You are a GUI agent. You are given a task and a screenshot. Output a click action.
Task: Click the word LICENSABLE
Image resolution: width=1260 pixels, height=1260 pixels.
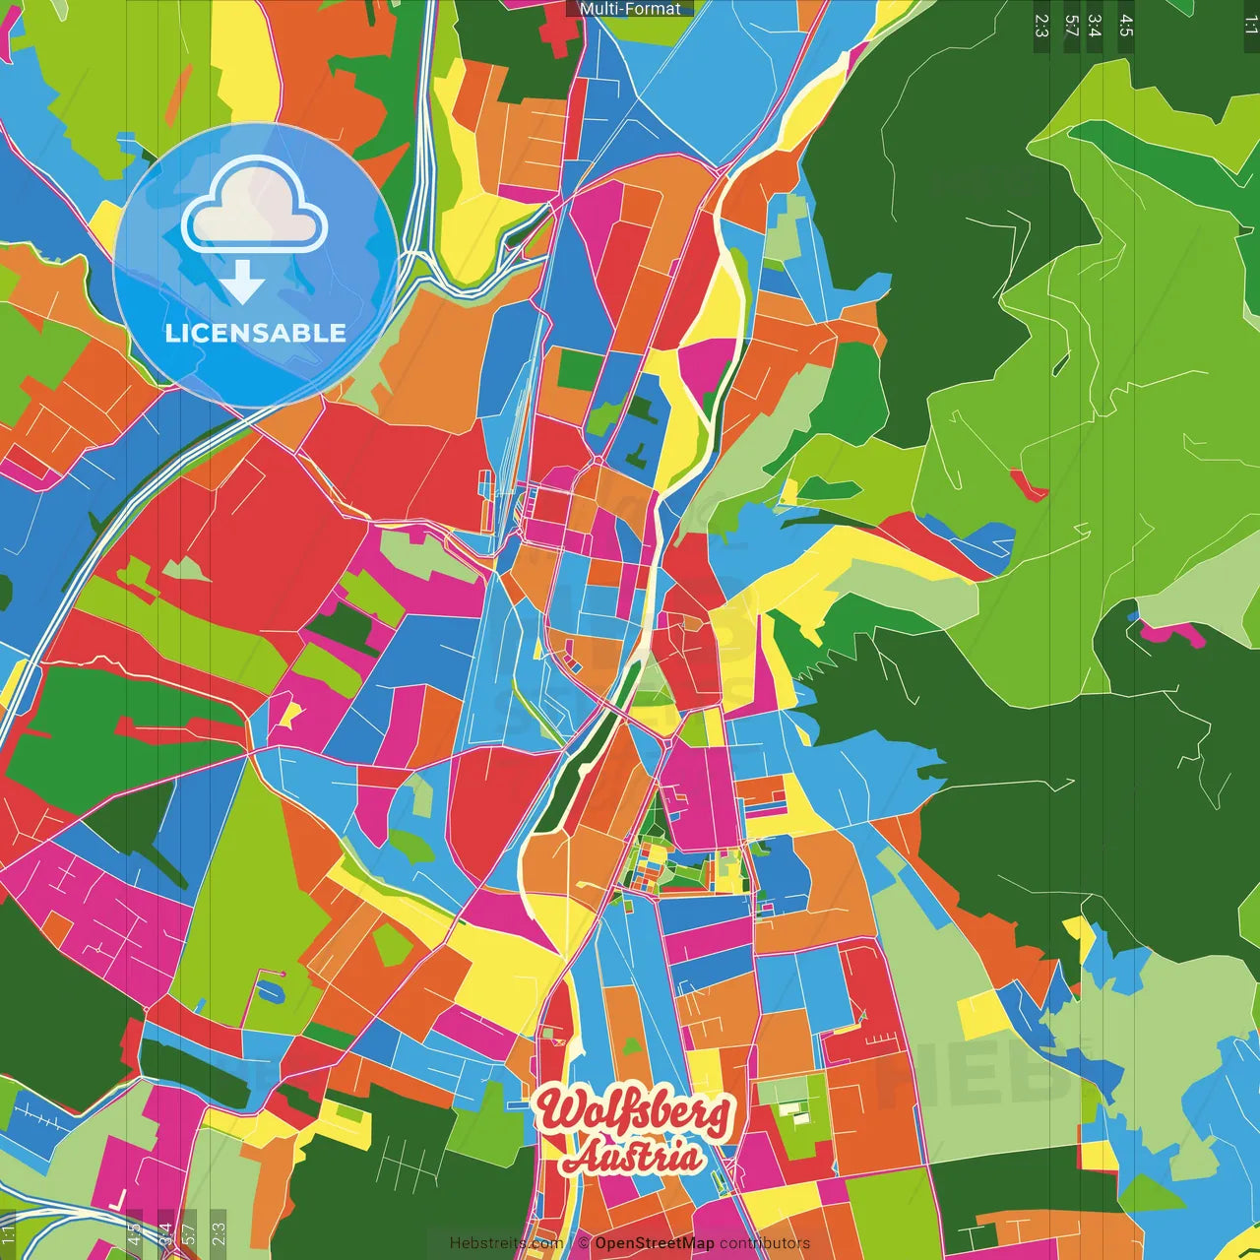tap(255, 333)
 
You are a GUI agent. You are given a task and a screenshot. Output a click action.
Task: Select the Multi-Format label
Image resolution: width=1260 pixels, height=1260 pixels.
tap(630, 9)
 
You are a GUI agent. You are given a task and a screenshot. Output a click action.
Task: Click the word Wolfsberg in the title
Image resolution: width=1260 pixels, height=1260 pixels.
tap(634, 1111)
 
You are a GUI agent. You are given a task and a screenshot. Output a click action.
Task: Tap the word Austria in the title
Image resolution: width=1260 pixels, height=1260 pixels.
tap(634, 1158)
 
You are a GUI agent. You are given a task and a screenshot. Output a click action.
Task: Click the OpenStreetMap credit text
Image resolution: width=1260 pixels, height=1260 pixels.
tap(654, 1243)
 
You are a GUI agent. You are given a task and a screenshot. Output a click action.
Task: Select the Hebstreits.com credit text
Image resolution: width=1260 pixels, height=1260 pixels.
tap(506, 1243)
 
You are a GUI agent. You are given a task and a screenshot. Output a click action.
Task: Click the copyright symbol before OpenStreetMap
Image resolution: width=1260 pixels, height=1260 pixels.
tap(584, 1243)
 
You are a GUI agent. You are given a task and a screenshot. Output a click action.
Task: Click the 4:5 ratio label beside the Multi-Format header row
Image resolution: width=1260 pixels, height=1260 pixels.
tap(1126, 26)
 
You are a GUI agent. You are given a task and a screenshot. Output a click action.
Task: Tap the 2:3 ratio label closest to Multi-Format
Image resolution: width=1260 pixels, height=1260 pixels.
tap(1041, 26)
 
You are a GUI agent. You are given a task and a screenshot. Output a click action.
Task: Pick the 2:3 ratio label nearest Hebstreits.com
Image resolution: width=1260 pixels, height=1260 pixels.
tap(219, 1233)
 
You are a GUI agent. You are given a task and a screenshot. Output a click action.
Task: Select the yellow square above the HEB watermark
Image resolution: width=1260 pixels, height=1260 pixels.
tap(980, 1014)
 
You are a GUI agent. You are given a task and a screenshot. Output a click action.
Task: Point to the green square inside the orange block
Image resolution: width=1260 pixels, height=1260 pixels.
tap(580, 368)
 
